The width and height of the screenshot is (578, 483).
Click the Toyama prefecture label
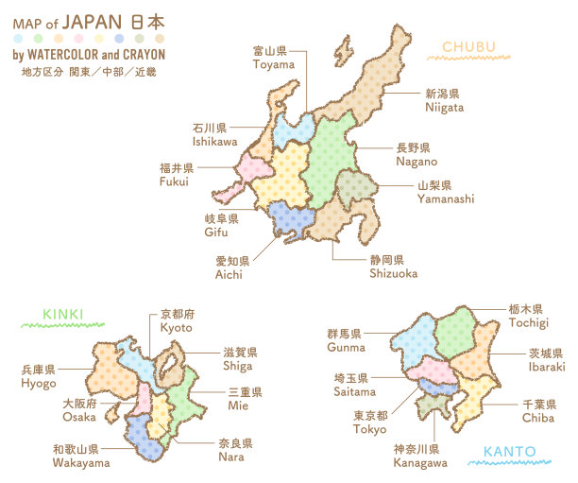click(x=272, y=58)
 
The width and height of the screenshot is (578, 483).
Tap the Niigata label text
click(x=443, y=100)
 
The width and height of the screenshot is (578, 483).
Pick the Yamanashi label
click(x=446, y=193)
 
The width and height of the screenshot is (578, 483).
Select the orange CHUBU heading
click(x=468, y=46)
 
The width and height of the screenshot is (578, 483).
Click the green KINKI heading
click(x=63, y=314)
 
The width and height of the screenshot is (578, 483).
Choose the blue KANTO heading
click(x=509, y=452)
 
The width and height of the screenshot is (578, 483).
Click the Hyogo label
click(x=38, y=376)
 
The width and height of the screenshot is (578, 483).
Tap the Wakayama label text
click(x=80, y=457)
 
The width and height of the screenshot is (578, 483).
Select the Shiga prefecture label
click(x=238, y=359)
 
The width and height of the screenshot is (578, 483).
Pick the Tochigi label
click(x=526, y=316)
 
